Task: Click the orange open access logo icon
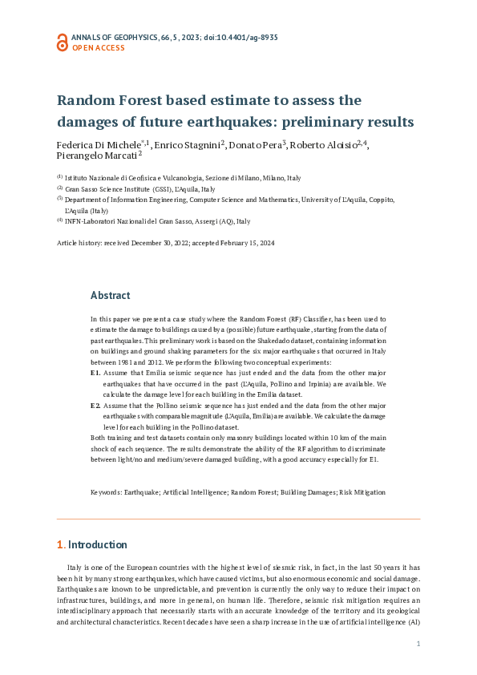62,42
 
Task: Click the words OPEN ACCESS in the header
99,48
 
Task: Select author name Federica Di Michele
99,145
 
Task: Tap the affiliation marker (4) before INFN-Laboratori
59,220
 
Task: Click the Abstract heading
110,295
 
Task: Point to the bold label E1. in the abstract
95,374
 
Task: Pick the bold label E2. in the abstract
95,406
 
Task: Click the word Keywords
105,492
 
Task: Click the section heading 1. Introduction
91,545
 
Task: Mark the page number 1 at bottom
418,644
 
